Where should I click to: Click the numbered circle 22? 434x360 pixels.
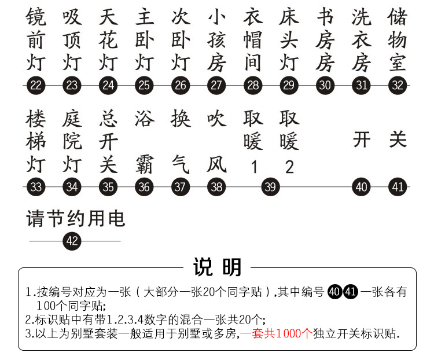(36, 86)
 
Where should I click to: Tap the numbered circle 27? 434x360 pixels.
(216, 86)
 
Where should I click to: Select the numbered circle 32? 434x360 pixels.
(398, 86)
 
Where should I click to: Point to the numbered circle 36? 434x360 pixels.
(144, 187)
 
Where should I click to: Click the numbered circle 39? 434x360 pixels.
(270, 187)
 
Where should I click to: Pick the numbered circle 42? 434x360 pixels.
(72, 241)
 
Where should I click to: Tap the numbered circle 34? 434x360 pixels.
(72, 187)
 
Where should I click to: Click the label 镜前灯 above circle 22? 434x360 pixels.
(36, 39)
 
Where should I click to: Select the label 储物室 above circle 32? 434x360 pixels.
(398, 39)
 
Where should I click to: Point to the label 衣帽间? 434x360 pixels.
(253, 39)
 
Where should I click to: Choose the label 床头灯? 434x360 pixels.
(289, 39)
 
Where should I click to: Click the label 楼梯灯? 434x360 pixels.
(36, 141)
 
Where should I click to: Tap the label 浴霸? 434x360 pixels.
(144, 141)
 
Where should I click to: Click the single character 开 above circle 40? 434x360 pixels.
(362, 140)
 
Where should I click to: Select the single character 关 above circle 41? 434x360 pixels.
(398, 140)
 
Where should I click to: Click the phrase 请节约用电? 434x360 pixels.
(76, 219)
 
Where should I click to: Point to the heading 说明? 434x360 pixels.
(217, 267)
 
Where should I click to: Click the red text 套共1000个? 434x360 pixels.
(282, 334)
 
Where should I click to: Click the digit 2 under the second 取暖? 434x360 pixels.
(289, 167)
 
